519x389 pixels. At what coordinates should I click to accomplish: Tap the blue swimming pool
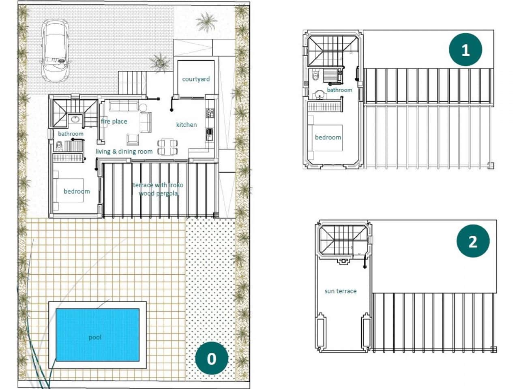point(97,335)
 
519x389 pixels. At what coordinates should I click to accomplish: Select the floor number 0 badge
point(211,359)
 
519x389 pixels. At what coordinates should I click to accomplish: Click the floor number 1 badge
point(465,50)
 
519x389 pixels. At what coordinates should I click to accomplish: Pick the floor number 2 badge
point(473,242)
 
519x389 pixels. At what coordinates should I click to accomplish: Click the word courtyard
point(196,79)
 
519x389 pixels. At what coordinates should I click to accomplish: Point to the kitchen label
point(187,124)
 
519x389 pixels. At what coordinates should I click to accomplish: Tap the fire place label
point(114,121)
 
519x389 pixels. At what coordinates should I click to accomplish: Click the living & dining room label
point(124,152)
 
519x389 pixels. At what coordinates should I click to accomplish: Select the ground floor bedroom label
point(77,191)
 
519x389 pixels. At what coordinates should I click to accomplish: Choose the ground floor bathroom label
point(71,134)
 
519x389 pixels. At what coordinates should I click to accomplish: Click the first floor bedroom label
point(328,137)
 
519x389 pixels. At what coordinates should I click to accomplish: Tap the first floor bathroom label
point(339,90)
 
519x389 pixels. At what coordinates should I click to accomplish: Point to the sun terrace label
point(341,291)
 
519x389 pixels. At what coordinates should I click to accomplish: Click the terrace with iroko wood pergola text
point(158,189)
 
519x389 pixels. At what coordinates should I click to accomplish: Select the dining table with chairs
point(167,147)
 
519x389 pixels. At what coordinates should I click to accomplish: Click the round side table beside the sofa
point(143,107)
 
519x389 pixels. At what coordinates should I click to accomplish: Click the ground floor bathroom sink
point(74,119)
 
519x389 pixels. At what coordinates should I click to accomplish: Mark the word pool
point(95,337)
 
